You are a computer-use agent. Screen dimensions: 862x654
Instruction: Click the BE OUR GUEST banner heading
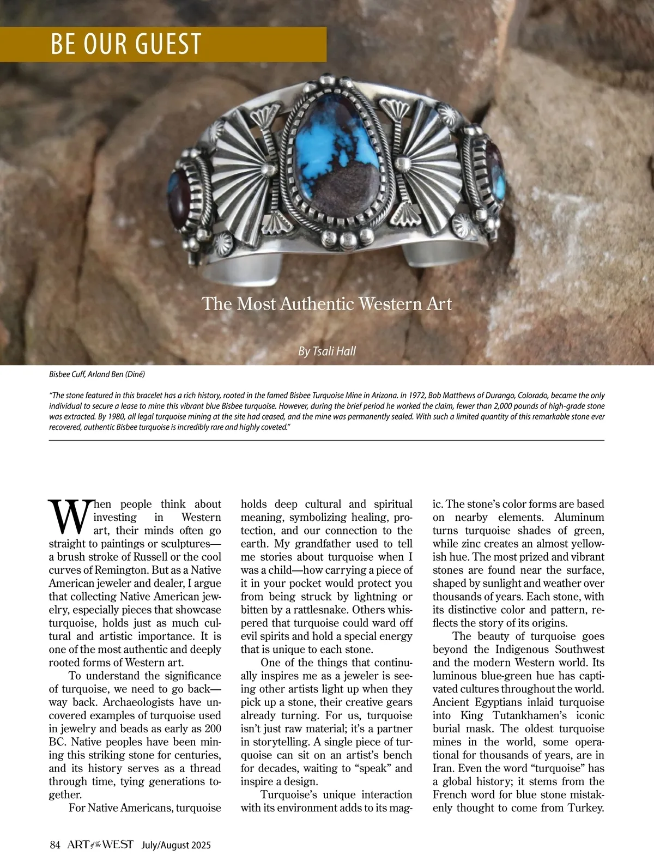coord(126,44)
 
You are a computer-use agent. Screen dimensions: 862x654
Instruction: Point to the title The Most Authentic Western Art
coord(327,303)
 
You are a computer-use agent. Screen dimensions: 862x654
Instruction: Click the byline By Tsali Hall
coord(327,351)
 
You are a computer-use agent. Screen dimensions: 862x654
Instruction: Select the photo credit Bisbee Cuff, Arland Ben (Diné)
coord(97,374)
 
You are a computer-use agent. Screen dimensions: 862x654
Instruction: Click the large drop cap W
coord(69,517)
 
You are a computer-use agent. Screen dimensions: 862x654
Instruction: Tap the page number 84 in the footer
coord(55,845)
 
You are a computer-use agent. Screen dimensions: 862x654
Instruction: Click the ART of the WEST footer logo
coord(100,845)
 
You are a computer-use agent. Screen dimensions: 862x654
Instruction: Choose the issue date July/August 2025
coord(176,846)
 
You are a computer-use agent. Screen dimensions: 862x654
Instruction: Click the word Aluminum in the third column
coord(579,517)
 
